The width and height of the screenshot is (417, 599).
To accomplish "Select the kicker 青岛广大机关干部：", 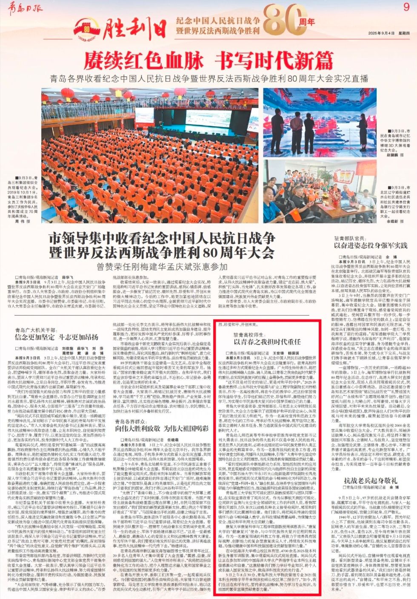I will tap(35, 328).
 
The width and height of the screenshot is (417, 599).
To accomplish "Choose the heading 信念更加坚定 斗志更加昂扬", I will tap(56, 337).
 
